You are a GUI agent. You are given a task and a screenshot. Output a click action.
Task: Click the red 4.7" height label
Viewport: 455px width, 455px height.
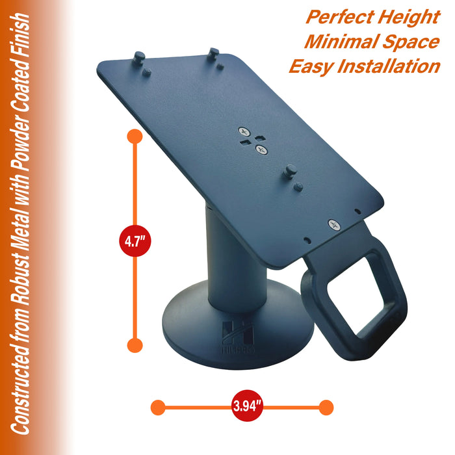135,242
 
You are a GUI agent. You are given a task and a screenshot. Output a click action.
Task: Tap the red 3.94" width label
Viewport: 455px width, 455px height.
247,408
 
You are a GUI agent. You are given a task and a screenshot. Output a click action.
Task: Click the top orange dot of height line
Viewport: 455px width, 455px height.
135,137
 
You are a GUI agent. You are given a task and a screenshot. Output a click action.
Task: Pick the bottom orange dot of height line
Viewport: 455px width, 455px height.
135,345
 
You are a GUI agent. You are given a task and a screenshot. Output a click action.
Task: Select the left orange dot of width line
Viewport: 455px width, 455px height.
157,408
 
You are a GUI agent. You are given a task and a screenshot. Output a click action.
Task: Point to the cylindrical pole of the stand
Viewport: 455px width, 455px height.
225,260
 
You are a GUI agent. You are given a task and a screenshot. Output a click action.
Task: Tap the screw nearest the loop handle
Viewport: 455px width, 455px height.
335,225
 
